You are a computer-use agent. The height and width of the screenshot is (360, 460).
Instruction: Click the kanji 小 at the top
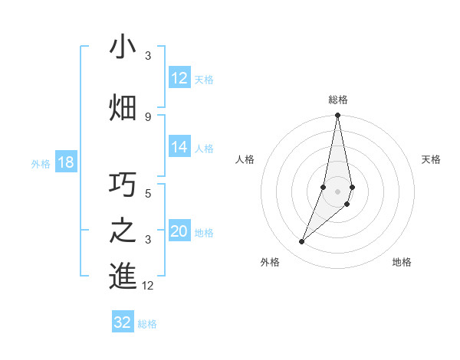click(123, 47)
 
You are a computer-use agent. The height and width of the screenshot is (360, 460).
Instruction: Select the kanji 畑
click(123, 106)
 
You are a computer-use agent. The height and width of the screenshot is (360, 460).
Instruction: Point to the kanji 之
click(123, 231)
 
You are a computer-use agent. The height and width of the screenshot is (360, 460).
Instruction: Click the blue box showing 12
click(179, 78)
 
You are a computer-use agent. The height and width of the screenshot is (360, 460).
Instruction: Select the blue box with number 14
click(179, 147)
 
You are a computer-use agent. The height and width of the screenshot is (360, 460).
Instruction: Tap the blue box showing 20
click(179, 231)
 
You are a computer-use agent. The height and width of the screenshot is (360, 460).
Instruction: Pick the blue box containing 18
click(65, 162)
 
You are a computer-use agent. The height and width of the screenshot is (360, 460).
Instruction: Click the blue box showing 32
click(123, 322)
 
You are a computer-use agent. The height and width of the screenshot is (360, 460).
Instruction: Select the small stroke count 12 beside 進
click(147, 286)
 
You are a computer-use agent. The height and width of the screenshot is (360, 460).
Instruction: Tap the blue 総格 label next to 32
click(148, 324)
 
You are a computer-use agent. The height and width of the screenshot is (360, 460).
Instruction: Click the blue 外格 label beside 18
click(41, 163)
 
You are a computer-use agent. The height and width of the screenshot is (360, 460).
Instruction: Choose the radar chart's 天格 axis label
click(431, 159)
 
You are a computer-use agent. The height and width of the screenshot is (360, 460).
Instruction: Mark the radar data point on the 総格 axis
click(337, 116)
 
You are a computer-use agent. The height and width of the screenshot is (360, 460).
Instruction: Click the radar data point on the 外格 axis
click(301, 242)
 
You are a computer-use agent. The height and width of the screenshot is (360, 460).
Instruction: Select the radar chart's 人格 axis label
click(245, 159)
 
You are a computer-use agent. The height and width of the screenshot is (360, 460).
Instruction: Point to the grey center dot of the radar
click(337, 191)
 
